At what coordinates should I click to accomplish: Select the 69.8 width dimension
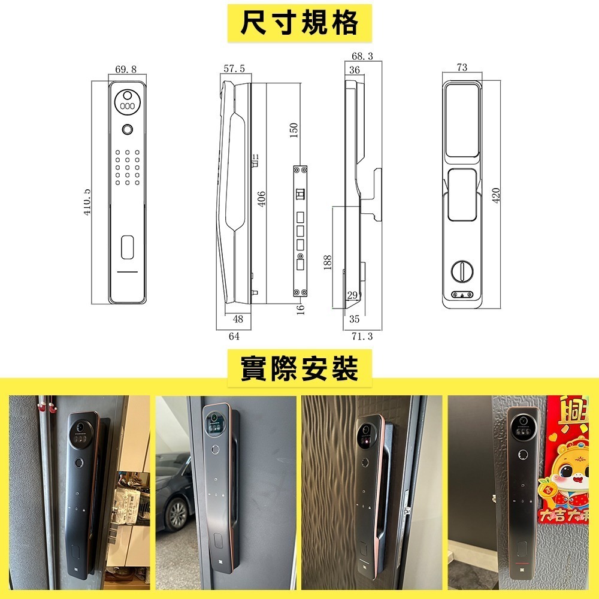click(x=125, y=69)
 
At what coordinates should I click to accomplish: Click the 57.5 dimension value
click(x=234, y=69)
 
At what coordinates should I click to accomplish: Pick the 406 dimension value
click(x=262, y=199)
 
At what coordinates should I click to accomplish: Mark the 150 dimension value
click(x=294, y=130)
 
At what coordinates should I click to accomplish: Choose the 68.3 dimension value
click(x=362, y=56)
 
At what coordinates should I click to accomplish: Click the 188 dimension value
click(x=328, y=262)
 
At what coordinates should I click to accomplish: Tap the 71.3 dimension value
click(x=362, y=337)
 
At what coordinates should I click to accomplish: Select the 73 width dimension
click(x=462, y=68)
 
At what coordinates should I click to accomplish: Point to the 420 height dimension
click(x=496, y=195)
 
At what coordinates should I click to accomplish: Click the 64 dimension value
click(x=234, y=337)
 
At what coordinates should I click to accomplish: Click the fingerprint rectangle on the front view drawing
click(x=127, y=248)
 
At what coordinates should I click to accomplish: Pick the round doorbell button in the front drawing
click(x=127, y=130)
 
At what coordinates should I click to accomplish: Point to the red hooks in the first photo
click(x=43, y=407)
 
